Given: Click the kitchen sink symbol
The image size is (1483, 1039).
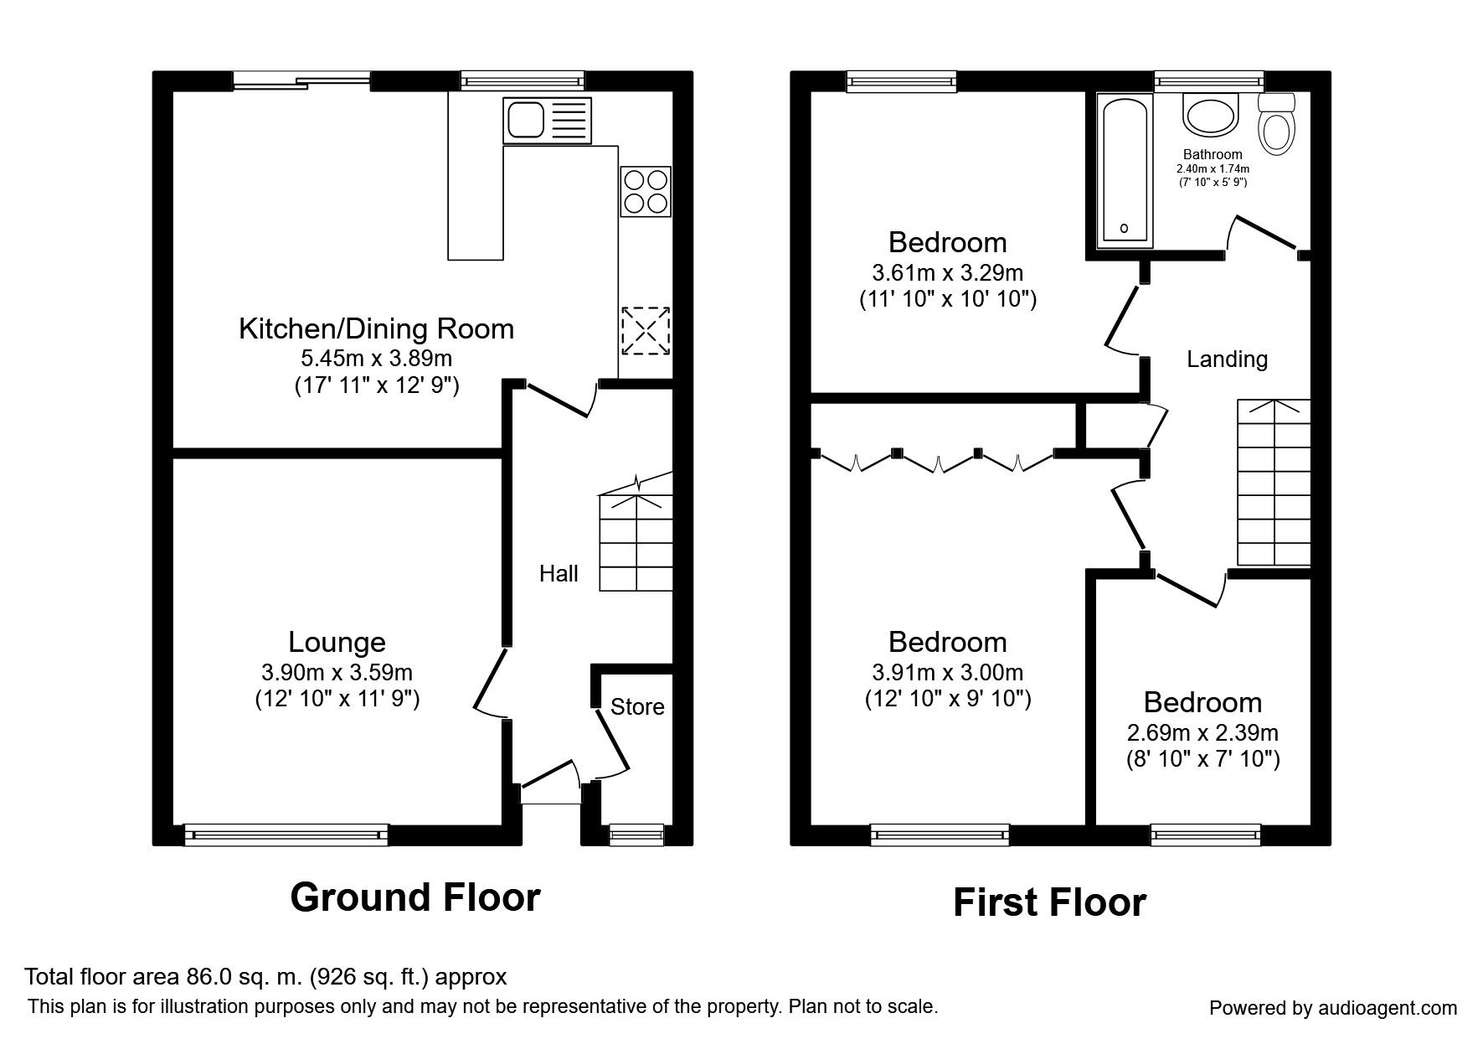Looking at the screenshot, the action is point(548,119).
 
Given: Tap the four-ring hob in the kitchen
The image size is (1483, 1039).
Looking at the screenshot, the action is point(646,192).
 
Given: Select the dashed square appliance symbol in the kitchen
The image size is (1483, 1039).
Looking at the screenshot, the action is point(646,330).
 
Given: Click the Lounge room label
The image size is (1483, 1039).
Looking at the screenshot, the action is point(337,642).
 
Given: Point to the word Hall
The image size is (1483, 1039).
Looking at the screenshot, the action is point(559,574).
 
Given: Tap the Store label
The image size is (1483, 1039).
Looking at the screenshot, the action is point(637,707).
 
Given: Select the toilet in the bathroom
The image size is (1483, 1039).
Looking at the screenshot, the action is point(1277,123).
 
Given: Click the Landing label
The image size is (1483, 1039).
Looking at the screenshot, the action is point(1227,359).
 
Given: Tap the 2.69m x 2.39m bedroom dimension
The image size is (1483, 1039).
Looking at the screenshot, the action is point(1202,733).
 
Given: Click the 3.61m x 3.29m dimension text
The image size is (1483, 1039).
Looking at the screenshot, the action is point(948,273).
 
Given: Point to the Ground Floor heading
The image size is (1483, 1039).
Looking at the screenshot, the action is point(415,897).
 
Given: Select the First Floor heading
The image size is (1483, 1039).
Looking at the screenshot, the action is point(1049,902).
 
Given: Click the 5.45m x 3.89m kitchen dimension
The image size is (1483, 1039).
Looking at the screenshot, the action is point(377,359).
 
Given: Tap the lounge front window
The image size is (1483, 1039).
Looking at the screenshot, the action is point(286,835).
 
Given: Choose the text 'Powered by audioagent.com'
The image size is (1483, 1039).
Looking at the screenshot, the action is point(1333,1008).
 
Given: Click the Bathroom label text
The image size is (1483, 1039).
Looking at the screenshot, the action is point(1213,154).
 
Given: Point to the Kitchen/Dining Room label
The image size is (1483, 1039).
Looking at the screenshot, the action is point(377,328).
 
